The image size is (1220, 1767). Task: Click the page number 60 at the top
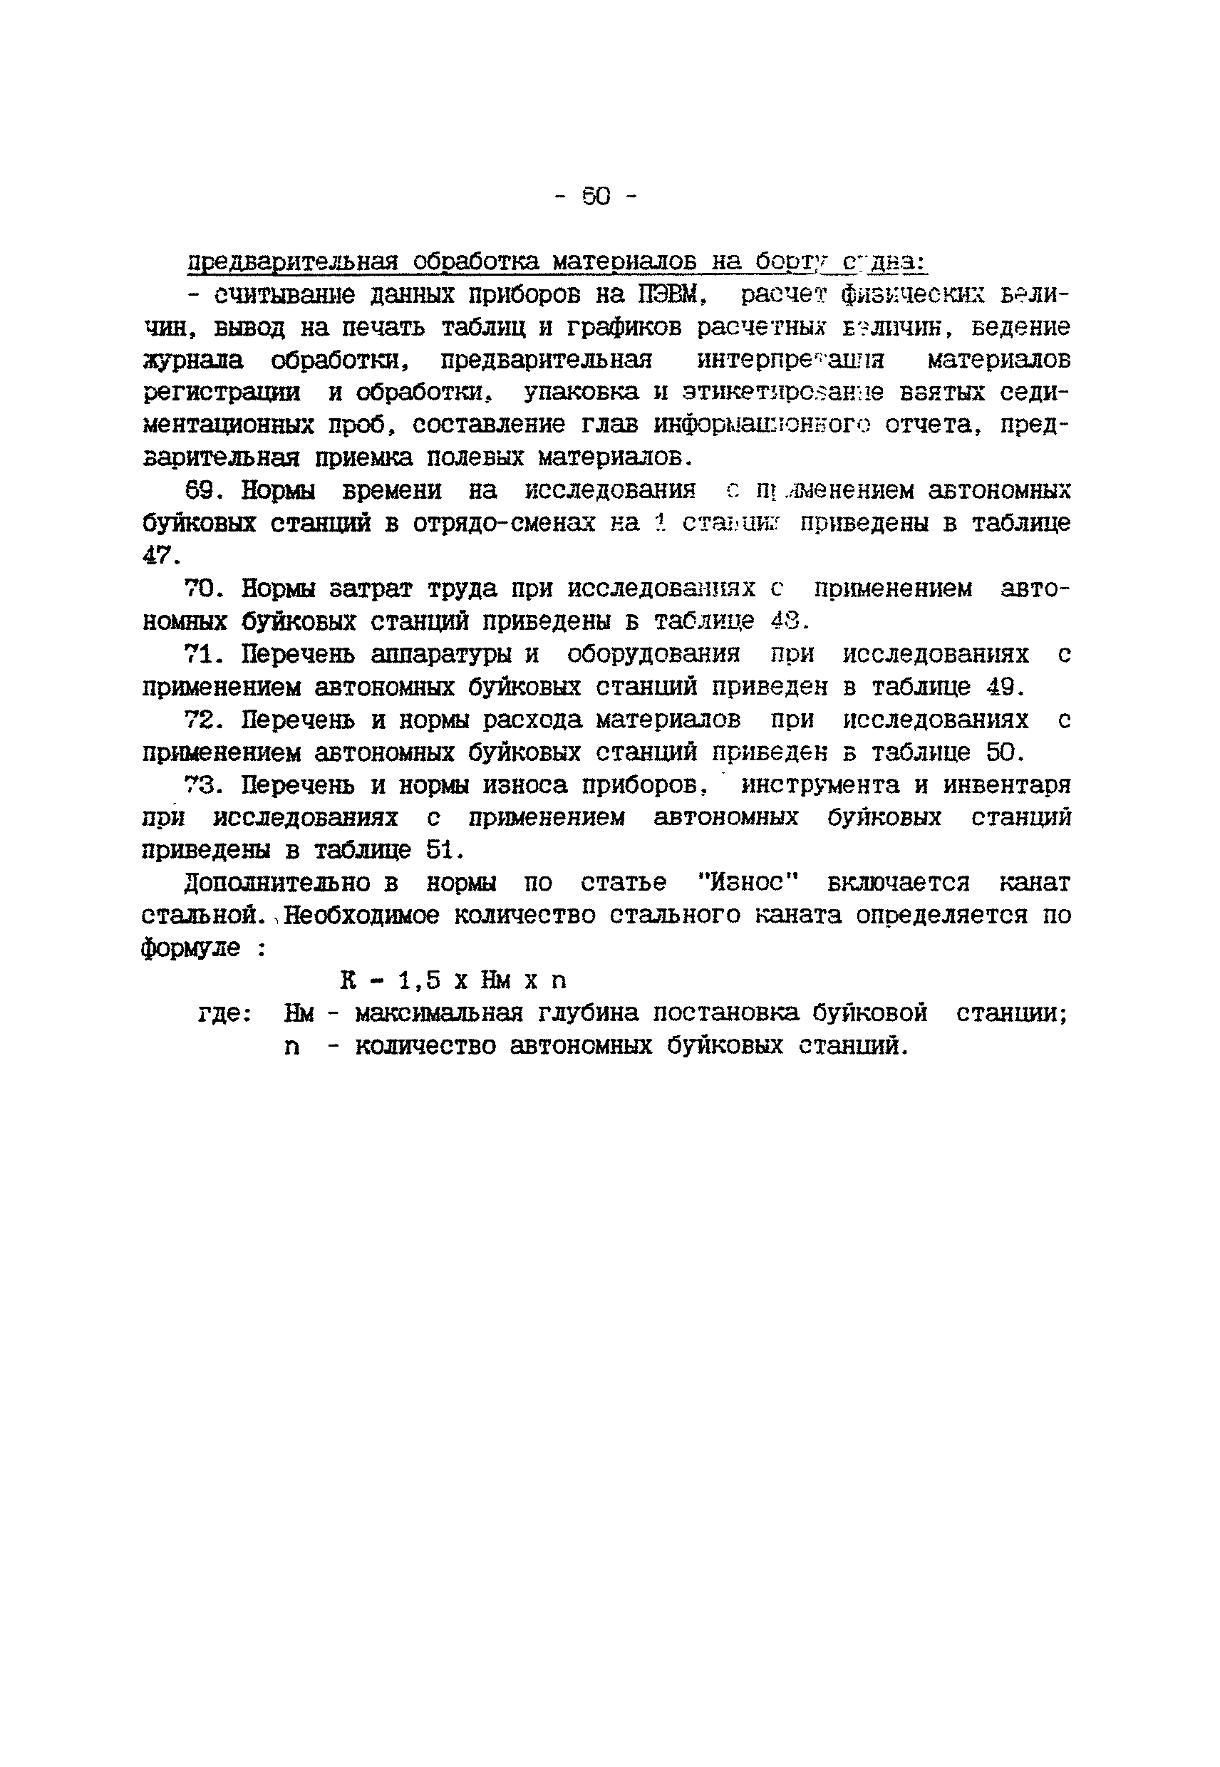click(596, 197)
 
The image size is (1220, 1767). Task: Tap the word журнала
click(192, 360)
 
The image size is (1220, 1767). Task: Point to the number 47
click(160, 556)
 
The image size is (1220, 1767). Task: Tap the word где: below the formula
click(224, 1014)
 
